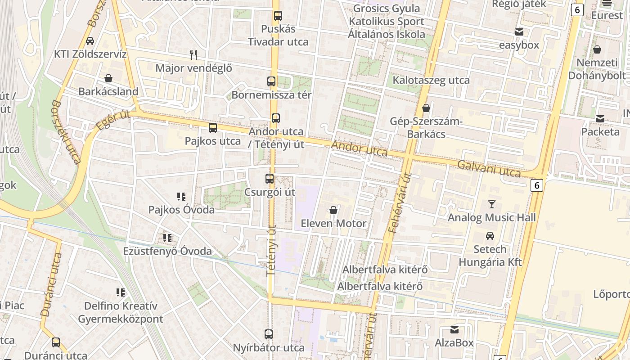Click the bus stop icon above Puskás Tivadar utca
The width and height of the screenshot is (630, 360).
tap(278, 16)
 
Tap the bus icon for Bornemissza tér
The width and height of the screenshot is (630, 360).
tap(271, 81)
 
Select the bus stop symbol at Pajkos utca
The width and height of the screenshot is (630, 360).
tap(213, 128)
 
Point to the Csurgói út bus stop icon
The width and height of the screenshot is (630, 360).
tap(270, 179)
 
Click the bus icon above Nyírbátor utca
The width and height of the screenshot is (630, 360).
tap(269, 334)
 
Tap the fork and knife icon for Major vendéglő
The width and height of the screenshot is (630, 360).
tap(193, 55)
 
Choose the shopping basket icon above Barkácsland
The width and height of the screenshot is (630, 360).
tap(108, 78)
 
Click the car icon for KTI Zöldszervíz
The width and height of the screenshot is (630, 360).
tap(90, 41)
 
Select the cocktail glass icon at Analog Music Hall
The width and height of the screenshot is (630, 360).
tap(491, 204)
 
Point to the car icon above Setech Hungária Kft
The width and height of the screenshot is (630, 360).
tap(490, 235)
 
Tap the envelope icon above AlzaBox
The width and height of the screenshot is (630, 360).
tap(454, 330)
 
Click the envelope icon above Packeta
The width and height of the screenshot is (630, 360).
tap(600, 119)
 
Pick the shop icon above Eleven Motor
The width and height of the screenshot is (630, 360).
tap(333, 210)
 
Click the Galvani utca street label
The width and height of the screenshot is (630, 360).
tap(489, 169)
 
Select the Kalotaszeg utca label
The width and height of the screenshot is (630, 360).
tap(431, 81)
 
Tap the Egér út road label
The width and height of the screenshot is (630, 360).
tap(113, 121)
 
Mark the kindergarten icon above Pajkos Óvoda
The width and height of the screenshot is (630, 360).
tap(181, 196)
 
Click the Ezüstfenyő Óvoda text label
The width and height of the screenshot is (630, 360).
tap(167, 251)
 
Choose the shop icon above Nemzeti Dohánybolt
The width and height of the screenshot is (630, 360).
tap(597, 49)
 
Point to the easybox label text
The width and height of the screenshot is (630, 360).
tap(519, 45)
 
